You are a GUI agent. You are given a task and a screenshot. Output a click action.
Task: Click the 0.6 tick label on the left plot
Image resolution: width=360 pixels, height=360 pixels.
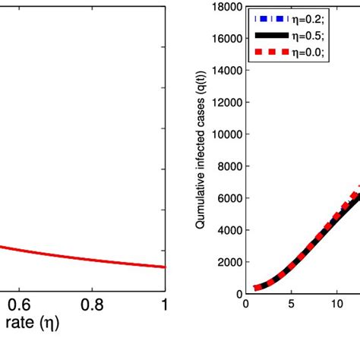tap(19, 304)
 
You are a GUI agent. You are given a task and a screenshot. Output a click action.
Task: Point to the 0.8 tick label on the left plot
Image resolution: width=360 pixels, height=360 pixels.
tap(92, 304)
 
